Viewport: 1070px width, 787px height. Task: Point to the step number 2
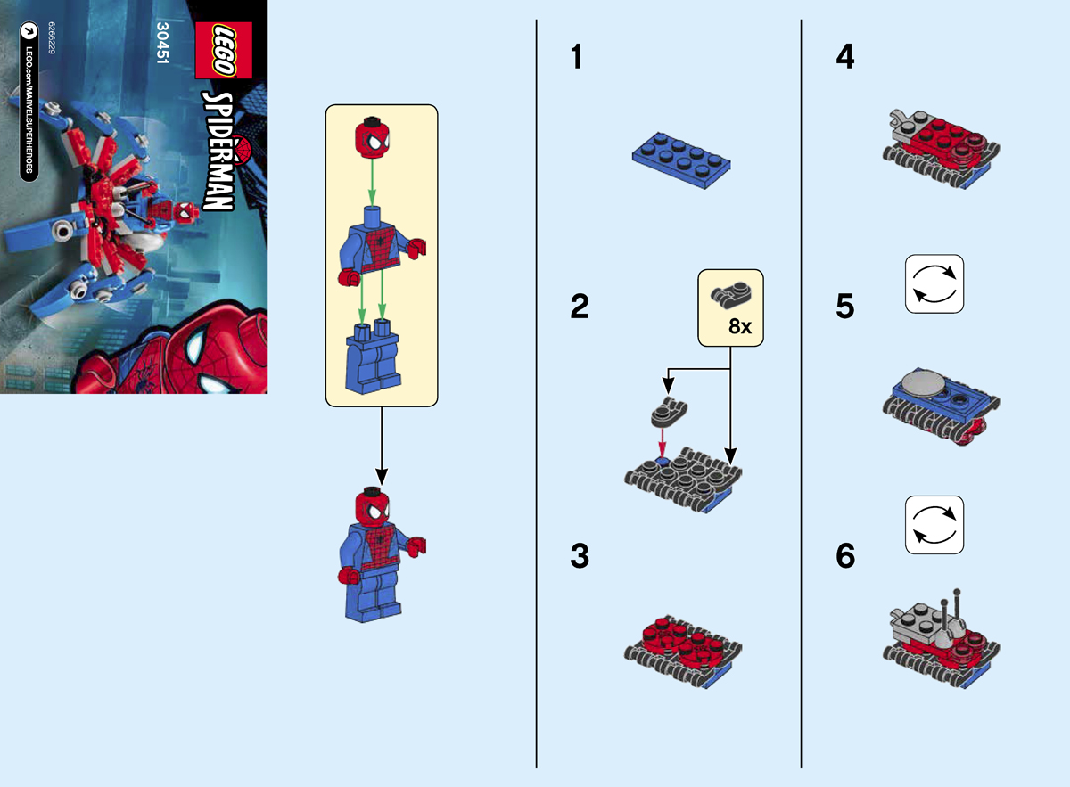(x=579, y=307)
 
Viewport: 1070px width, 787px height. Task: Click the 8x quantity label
(x=740, y=326)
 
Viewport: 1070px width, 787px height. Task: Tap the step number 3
(x=579, y=557)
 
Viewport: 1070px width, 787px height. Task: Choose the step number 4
(x=844, y=58)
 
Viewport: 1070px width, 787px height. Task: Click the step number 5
(x=844, y=307)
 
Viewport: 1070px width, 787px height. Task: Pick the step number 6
(x=844, y=557)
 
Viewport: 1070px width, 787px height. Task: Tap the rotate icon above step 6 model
(x=934, y=525)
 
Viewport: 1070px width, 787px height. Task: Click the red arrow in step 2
(x=663, y=442)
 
